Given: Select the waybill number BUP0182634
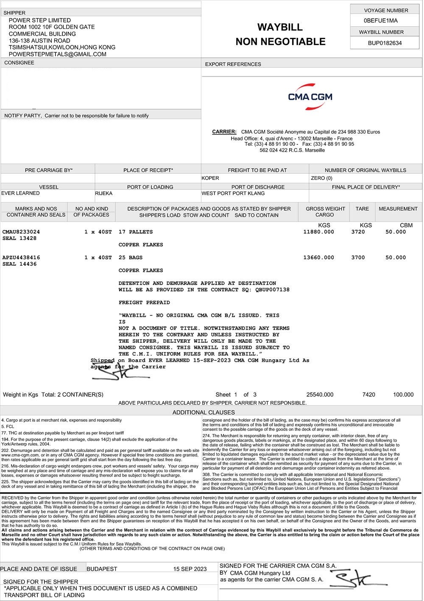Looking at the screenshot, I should coord(385,43).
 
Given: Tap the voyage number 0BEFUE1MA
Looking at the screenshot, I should coord(381,20).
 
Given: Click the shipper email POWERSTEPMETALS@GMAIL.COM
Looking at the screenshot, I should coord(58,54).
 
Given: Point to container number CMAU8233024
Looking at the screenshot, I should coord(21,232).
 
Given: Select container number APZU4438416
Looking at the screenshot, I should coord(21,257).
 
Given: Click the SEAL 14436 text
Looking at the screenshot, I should coord(20,264).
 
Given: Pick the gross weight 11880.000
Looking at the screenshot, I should coord(318,232).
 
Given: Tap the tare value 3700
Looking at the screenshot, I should coord(358,257).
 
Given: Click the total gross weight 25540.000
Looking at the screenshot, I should coord(320,395).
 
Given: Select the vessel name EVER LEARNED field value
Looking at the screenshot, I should coord(20,193).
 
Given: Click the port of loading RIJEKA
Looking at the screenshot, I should coord(104,194).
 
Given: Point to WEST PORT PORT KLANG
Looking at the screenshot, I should coord(233,193).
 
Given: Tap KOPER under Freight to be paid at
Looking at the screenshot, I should coord(210,178).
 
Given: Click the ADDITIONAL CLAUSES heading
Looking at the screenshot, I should coord(204,412).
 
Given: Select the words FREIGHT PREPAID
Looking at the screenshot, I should coord(144,303).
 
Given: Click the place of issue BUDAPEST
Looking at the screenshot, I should coord(102,569).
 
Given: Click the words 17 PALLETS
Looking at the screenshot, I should coord(136,232).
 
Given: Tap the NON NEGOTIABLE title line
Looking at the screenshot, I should coord(280,42).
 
